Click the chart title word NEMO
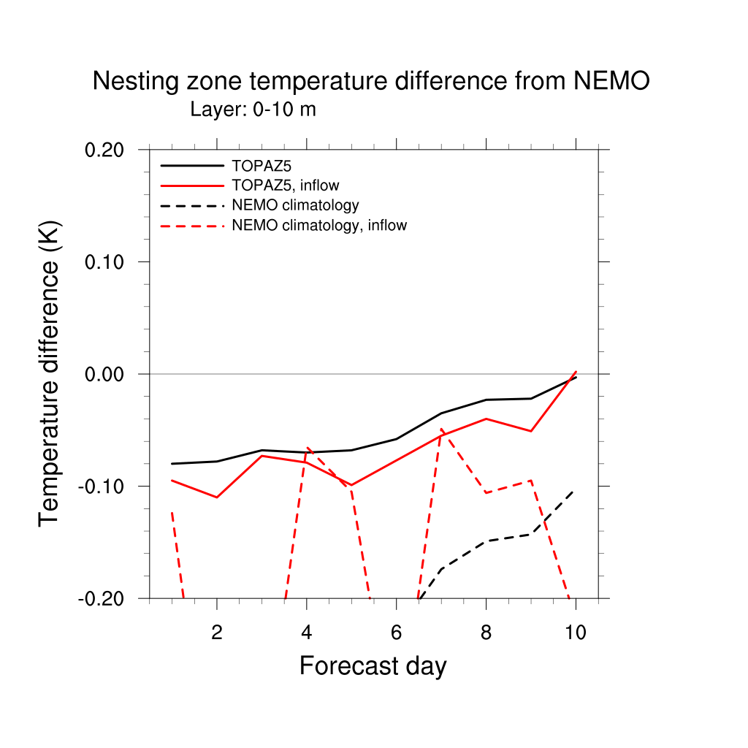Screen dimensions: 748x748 [x=611, y=82]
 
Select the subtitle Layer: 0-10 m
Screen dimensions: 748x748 [x=253, y=110]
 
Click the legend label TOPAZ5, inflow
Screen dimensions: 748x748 [x=285, y=185]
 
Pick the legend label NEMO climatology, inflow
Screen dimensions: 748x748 [x=318, y=225]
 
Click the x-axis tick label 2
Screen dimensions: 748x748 [x=217, y=633]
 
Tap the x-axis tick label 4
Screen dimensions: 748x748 [x=307, y=633]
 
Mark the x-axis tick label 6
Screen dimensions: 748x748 [x=396, y=633]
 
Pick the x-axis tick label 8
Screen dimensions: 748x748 [x=486, y=633]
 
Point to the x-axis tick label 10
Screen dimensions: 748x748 [x=576, y=633]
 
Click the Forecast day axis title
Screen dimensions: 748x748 [x=373, y=666]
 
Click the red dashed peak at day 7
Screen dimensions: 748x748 [x=441, y=430]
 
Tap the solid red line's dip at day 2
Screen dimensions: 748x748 [x=217, y=497]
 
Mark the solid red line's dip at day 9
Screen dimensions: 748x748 [x=531, y=431]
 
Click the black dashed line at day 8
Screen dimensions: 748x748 [x=486, y=541]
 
